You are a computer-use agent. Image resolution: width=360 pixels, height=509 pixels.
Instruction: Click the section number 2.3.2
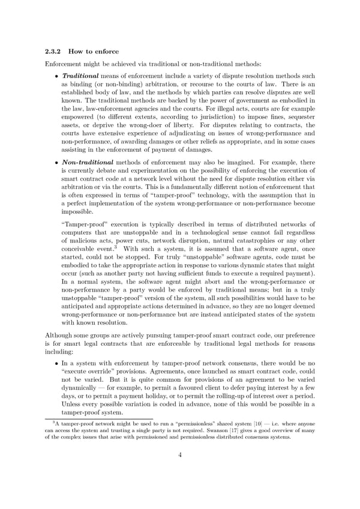[54, 52]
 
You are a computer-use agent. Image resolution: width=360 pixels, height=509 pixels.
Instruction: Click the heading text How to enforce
[93, 52]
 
